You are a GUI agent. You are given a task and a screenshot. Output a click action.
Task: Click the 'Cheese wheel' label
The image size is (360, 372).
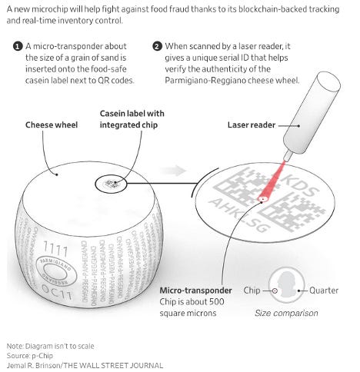[x=52, y=125]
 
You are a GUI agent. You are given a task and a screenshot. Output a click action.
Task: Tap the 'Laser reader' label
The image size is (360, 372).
[x=252, y=125]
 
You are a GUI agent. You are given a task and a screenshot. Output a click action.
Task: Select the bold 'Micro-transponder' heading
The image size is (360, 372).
[x=195, y=291]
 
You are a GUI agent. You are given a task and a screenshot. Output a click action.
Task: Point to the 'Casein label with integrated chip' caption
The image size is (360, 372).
[x=132, y=119]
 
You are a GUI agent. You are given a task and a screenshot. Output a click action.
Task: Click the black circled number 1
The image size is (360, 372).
[x=18, y=47]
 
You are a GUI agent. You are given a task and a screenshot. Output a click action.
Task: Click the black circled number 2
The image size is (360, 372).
[x=157, y=47]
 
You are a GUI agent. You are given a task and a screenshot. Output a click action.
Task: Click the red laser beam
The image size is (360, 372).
[x=272, y=181]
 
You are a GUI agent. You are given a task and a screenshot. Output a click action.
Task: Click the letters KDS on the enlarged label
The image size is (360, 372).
[x=301, y=185]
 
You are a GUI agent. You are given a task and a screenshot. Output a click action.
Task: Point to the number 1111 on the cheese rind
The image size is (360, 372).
[x=55, y=248]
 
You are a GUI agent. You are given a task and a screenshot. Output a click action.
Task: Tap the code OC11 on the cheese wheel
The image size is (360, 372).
[x=57, y=291]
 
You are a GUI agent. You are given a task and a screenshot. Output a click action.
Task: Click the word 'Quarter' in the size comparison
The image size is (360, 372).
[x=324, y=291]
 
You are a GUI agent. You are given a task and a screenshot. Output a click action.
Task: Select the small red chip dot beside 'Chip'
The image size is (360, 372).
[x=275, y=291]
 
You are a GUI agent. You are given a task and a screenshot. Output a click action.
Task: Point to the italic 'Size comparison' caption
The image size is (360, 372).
[x=286, y=313]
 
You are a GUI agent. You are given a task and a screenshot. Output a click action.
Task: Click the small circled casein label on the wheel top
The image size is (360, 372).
[x=111, y=184]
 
